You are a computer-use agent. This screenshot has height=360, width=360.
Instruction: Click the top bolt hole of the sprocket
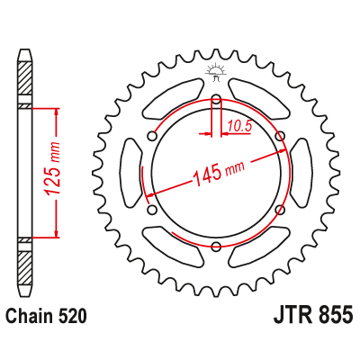(x=216, y=100)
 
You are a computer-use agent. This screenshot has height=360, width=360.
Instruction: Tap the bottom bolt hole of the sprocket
(x=216, y=247)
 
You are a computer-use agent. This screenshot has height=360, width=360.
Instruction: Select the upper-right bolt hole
(x=280, y=138)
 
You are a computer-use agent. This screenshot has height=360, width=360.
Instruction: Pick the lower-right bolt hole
(x=280, y=211)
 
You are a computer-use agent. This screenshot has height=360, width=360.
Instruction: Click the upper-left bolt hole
(x=152, y=138)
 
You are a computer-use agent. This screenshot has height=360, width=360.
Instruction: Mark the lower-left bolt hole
(x=152, y=211)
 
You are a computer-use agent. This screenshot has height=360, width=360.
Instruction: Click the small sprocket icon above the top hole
(x=216, y=72)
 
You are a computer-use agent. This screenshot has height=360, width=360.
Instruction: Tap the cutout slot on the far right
(x=301, y=174)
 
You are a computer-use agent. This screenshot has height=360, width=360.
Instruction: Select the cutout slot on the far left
(x=131, y=174)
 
